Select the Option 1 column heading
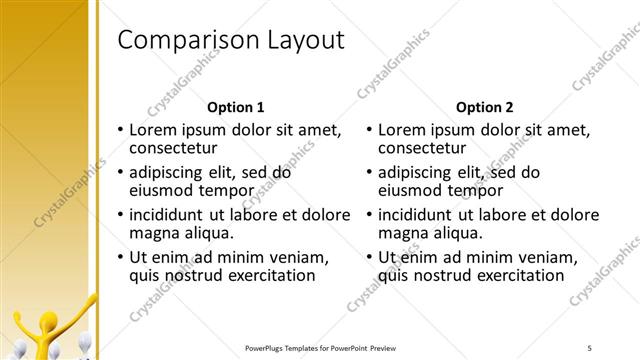tap(235, 107)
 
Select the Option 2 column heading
tap(485, 107)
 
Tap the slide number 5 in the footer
tap(589, 347)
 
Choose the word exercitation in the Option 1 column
tap(267, 274)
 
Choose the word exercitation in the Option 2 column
tap(517, 274)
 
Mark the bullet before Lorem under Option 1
tap(120, 130)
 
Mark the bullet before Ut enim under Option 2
tap(370, 257)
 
